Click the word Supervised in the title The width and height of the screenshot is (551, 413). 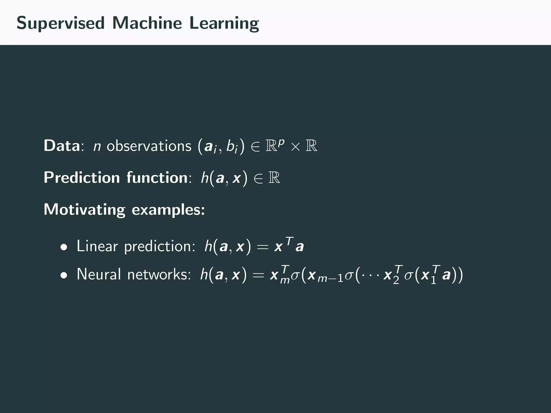(x=60, y=23)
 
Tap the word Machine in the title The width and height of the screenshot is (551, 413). (x=147, y=23)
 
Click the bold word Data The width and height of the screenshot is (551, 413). (x=62, y=146)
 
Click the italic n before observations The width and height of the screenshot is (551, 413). (x=97, y=147)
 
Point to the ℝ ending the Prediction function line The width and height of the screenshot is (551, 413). (x=274, y=178)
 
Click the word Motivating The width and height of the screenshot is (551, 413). (x=84, y=210)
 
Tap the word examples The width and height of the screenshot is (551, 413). (x=168, y=210)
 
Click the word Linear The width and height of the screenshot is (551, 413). (x=97, y=246)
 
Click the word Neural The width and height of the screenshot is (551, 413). (x=99, y=275)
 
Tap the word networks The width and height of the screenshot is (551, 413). (x=159, y=275)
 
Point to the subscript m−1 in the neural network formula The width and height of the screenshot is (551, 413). (x=330, y=280)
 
